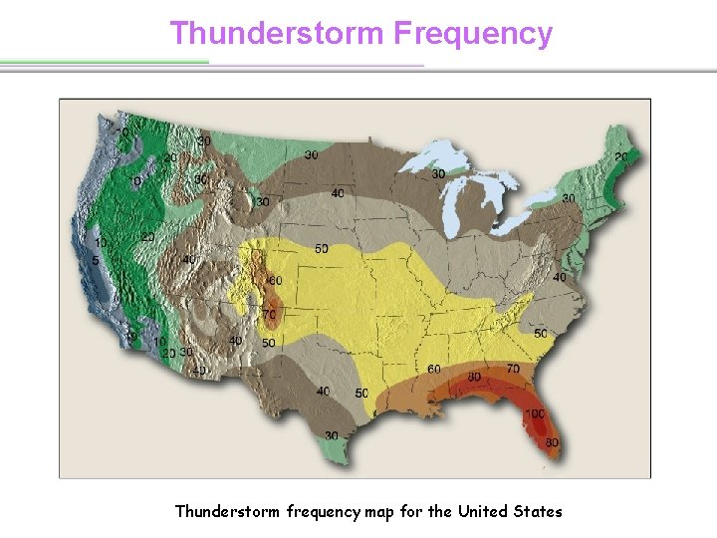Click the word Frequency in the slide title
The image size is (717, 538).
tap(472, 33)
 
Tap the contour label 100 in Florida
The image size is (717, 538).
tap(535, 413)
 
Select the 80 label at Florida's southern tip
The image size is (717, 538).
tap(552, 443)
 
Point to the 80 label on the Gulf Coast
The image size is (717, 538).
tap(474, 378)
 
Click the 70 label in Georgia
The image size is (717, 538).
tap(514, 369)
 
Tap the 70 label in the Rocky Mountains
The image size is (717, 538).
tap(269, 315)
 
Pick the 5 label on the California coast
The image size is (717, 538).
tap(96, 261)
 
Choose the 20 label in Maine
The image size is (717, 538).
tap(621, 157)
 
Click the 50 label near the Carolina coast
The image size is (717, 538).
tap(541, 333)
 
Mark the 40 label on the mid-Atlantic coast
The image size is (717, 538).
tap(560, 277)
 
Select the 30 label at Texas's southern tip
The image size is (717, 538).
tap(331, 435)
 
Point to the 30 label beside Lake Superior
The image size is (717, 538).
tap(438, 174)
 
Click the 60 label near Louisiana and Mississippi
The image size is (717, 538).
tap(434, 370)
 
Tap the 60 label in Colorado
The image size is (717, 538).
tap(275, 281)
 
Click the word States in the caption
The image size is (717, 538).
tap(536, 511)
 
